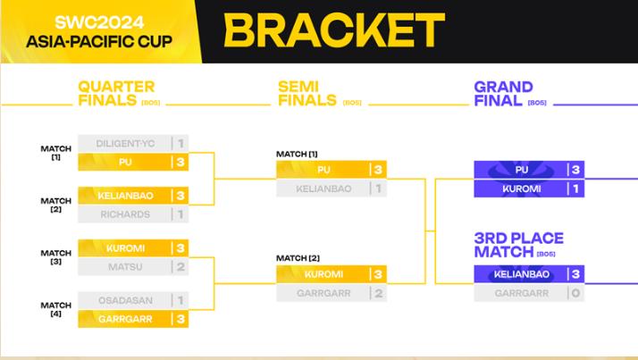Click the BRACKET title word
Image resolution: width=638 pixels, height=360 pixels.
[x=334, y=30]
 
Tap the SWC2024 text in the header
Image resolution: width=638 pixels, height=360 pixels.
[x=99, y=22]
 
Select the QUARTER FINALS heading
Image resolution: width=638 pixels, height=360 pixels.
[x=116, y=93]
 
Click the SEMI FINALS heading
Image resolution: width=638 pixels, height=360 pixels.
[x=307, y=93]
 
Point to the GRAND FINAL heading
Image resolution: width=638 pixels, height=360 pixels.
[x=503, y=93]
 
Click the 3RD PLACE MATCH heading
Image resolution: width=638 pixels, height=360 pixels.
[x=519, y=245]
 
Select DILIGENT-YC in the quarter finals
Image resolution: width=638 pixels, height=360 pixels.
[x=125, y=144]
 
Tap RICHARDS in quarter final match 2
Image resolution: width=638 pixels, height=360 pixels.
[x=125, y=214]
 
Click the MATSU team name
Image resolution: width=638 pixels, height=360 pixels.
[x=125, y=267]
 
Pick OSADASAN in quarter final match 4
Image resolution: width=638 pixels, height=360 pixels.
[x=125, y=301]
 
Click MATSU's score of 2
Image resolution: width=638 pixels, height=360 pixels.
[x=180, y=267]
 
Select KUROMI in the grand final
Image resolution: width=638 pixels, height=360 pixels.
[x=522, y=189]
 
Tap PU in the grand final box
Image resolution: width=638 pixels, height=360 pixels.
[x=522, y=170]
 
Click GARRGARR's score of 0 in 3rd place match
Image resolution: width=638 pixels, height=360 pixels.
[x=575, y=293]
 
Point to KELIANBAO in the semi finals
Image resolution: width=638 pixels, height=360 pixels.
[x=323, y=188]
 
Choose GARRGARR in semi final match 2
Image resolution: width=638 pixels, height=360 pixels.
[x=323, y=293]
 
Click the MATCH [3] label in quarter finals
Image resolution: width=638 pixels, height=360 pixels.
[x=56, y=257]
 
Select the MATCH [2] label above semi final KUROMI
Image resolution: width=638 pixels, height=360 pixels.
[x=298, y=258]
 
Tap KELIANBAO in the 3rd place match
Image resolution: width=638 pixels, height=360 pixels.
[x=522, y=274]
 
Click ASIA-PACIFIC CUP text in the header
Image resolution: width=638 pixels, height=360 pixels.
[x=99, y=41]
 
